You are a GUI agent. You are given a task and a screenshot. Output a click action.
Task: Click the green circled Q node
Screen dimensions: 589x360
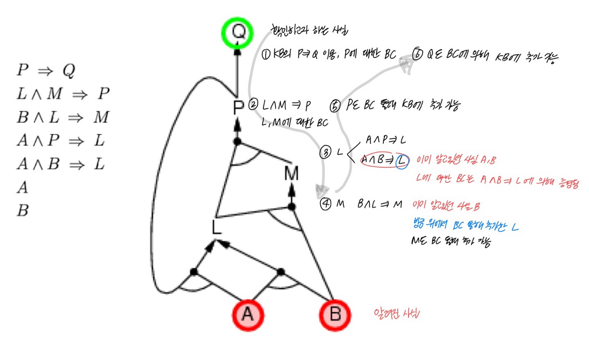coord(237,33)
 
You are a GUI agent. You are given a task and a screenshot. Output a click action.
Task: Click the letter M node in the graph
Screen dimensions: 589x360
coord(291,173)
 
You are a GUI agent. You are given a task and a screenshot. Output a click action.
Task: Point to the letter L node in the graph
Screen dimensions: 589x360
coord(216,227)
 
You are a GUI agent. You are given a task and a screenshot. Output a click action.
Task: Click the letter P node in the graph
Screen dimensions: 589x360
coord(238,108)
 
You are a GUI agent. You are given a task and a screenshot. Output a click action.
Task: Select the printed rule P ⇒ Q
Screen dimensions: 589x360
coord(46,70)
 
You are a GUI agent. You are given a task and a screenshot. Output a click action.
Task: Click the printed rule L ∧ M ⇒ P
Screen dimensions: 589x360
coord(63,94)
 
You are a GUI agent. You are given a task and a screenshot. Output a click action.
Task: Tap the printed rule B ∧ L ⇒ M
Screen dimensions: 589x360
coord(63,117)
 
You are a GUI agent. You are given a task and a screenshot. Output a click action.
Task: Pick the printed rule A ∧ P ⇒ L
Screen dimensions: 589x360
coord(61,141)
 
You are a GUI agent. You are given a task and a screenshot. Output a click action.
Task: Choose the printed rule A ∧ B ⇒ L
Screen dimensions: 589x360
coord(61,164)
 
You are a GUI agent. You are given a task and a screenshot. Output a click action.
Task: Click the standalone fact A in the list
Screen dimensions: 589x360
coord(23,188)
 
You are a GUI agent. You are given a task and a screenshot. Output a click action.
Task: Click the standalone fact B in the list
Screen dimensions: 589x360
coord(23,210)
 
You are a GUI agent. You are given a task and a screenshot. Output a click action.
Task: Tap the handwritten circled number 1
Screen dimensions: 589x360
coord(266,54)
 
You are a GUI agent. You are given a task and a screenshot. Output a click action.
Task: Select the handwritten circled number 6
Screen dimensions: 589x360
coord(417,54)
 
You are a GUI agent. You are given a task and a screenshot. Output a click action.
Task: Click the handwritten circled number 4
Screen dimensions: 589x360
coord(325,204)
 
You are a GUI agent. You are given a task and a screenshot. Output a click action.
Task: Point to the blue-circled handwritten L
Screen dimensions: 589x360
coord(402,161)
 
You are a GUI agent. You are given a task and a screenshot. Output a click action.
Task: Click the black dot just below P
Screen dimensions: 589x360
coord(237,141)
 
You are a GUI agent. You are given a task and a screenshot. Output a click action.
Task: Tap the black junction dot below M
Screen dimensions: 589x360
coord(292,206)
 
